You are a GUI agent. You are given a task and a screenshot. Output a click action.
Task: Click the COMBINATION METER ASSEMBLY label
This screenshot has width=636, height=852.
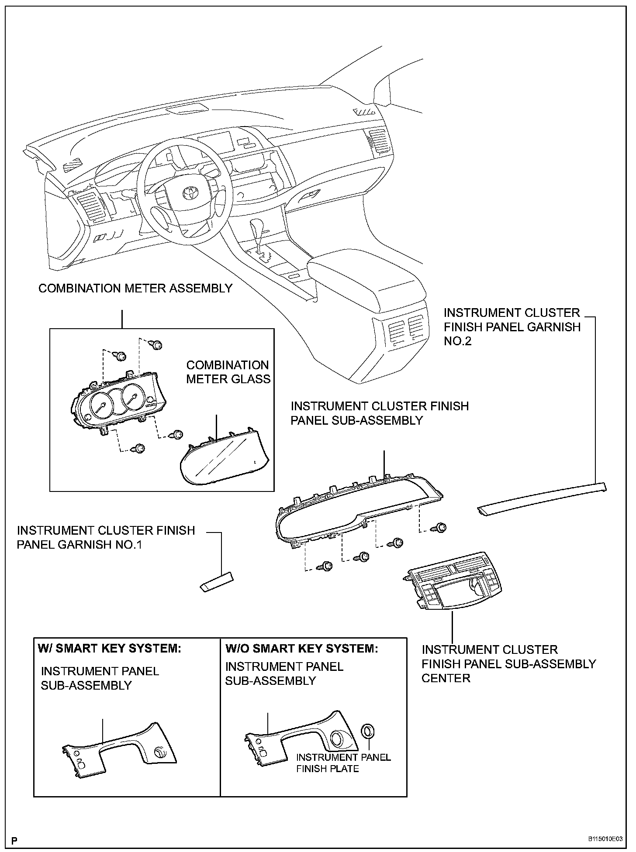(135, 289)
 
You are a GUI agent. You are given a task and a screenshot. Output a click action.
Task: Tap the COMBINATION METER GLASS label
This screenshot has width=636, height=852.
(228, 372)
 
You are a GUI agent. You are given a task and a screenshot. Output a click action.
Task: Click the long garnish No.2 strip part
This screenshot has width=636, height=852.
(542, 498)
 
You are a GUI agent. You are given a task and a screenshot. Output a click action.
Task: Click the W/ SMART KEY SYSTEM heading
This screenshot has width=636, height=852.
(109, 648)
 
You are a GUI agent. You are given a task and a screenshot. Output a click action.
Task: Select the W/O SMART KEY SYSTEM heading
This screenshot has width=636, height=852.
(301, 648)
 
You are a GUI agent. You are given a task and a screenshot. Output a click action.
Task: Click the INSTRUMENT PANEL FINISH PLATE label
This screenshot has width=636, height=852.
(343, 763)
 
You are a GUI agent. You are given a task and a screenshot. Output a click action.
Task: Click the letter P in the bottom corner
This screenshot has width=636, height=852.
(15, 839)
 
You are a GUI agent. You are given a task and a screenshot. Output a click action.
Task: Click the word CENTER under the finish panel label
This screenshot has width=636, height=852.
(446, 678)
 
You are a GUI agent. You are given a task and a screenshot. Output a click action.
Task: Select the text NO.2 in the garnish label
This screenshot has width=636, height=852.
(458, 341)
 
